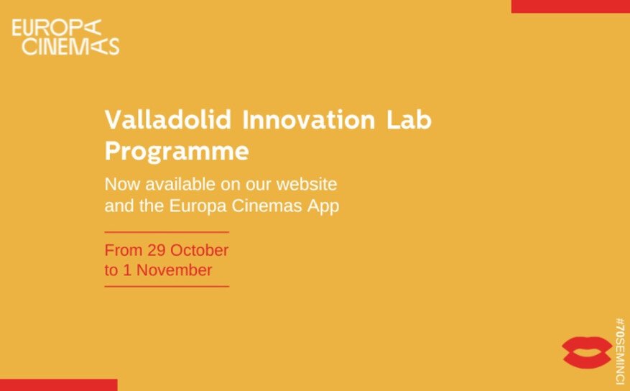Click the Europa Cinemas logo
pos(65,37)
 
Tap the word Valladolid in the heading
pos(168,120)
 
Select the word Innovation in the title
pos(309,120)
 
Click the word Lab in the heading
pos(409,120)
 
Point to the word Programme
pos(177,152)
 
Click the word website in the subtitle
pos(307,185)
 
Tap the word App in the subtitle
pos(323,206)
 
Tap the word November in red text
pos(174,270)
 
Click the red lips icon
pos(587,353)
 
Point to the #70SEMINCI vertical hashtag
pos(621,351)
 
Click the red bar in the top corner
pos(570,6)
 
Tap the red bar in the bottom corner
pos(59,385)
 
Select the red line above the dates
pos(167,232)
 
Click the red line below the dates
pos(167,287)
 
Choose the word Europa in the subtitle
pos(198,206)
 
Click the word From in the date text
pos(124,250)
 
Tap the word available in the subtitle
pos(180,185)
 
